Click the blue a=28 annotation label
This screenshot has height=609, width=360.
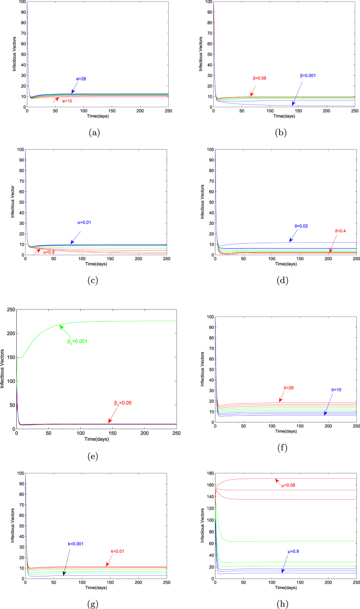click(81, 79)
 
